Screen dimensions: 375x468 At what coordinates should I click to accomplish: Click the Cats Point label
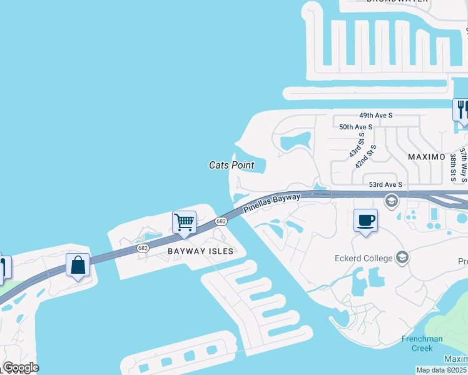coord(231,165)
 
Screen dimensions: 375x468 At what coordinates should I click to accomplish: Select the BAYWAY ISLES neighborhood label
coord(200,251)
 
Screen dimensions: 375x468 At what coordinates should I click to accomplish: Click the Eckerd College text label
coord(364,258)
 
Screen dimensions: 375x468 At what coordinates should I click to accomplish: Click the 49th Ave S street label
coord(375,116)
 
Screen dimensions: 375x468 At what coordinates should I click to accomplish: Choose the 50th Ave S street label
coord(355,127)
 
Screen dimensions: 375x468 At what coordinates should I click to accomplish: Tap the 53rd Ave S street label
coord(385,184)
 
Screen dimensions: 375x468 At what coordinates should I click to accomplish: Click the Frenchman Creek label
coord(422,343)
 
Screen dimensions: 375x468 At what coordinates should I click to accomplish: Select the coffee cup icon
coord(366,220)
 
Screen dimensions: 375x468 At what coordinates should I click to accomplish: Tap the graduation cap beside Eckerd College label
coord(402,257)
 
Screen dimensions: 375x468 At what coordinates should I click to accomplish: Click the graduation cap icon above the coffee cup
coord(392,201)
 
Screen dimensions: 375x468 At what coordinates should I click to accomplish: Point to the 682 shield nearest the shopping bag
coord(143,249)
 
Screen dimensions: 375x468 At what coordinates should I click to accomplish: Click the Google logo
coord(21,367)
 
